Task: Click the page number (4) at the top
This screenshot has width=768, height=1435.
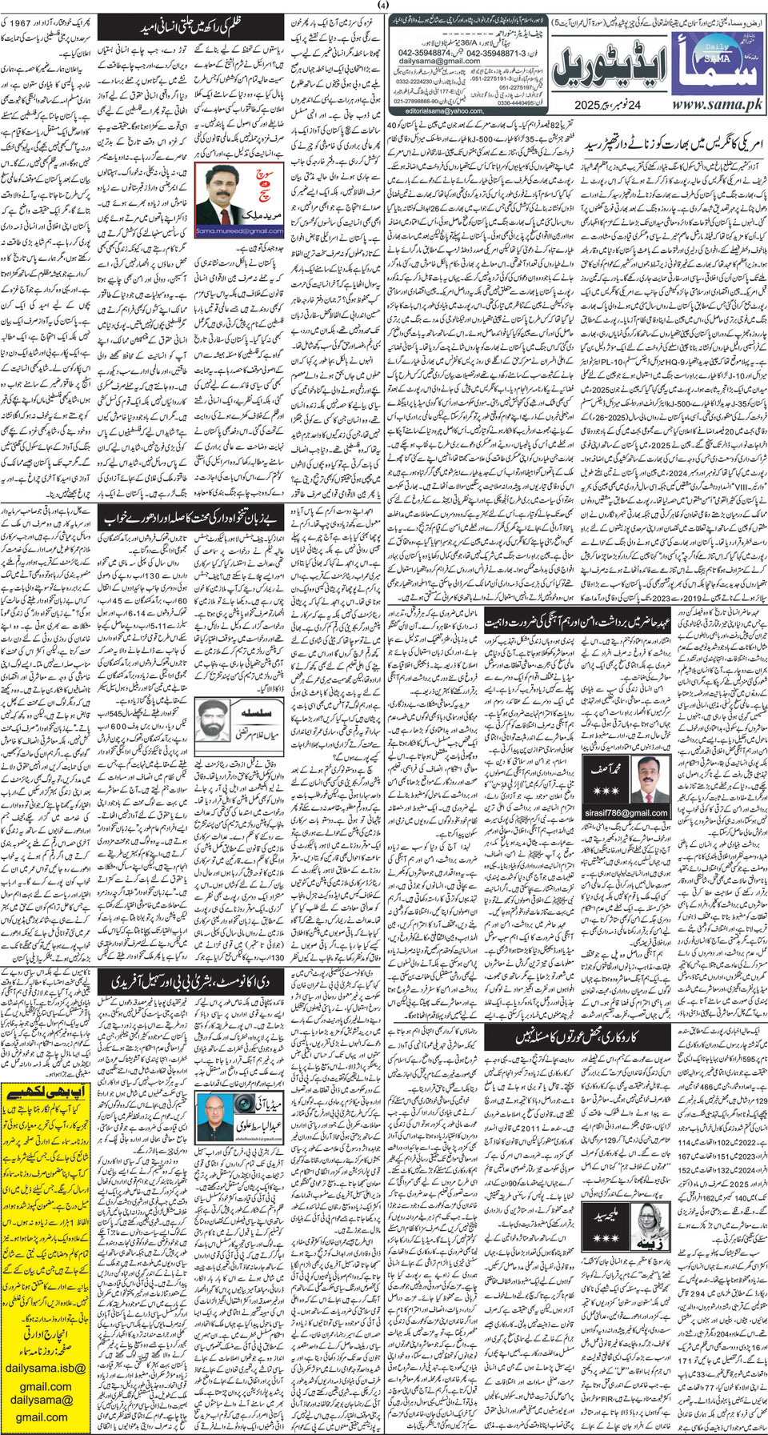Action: (x=383, y=7)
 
